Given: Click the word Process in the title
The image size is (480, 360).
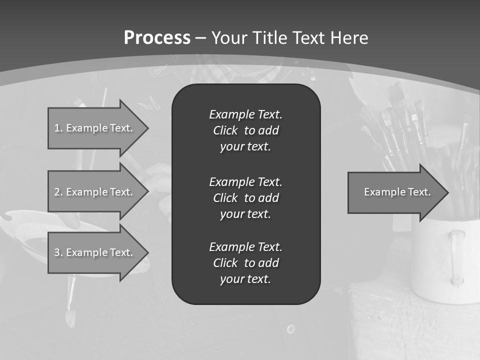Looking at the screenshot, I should [x=157, y=38].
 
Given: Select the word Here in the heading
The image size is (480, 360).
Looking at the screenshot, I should [x=349, y=38].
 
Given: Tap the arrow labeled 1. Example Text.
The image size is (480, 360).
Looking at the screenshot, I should [x=95, y=128].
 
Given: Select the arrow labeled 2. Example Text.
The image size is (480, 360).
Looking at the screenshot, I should [x=95, y=192].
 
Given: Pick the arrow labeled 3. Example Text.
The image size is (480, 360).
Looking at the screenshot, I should [x=95, y=252].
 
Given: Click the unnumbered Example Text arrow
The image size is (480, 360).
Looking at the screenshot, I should [x=395, y=192].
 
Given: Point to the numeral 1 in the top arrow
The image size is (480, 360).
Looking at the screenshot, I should [x=56, y=128].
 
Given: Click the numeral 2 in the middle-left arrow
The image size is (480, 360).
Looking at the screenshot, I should [x=57, y=192].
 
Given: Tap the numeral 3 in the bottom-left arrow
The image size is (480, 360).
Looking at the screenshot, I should [x=57, y=252].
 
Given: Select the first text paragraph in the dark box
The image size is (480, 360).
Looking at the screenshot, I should [x=245, y=130].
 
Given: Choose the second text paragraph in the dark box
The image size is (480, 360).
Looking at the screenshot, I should [x=245, y=197].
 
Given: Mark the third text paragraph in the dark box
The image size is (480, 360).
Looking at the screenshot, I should [x=245, y=262].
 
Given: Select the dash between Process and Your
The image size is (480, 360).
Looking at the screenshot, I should [x=200, y=38].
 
